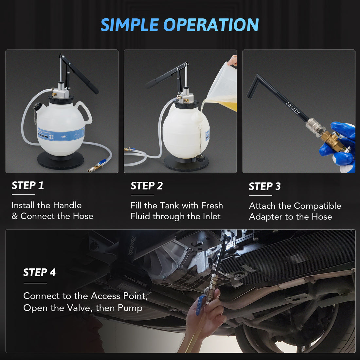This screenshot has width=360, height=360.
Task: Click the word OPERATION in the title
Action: (x=211, y=25)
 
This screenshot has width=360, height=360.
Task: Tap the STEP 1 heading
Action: (x=28, y=186)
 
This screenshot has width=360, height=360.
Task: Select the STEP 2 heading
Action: (x=147, y=186)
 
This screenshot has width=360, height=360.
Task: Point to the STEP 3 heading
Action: (x=265, y=187)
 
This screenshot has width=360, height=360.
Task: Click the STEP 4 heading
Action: (x=39, y=272)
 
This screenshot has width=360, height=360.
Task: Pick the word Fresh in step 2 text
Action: (x=212, y=206)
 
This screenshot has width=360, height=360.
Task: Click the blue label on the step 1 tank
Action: (x=61, y=134)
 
